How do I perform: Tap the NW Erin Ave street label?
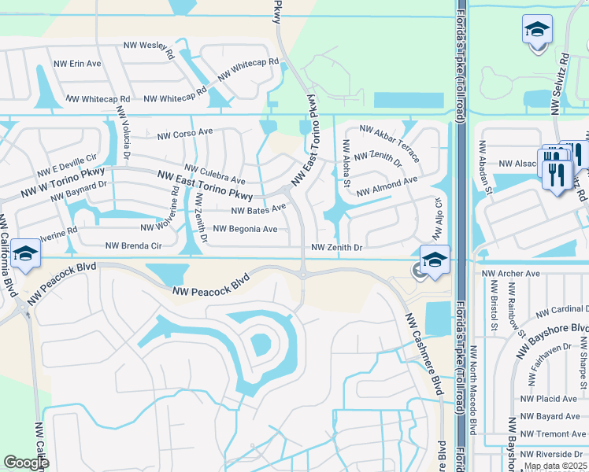[x=77, y=63]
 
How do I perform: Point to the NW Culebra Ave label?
[x=214, y=174]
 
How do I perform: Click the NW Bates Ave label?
[x=258, y=209]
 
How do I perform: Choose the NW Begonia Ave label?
[x=246, y=230]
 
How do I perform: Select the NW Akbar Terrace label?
[x=390, y=142]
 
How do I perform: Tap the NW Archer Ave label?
[x=511, y=274]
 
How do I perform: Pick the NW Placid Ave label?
[x=549, y=399]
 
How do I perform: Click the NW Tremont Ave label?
[x=553, y=433]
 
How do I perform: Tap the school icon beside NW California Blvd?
[x=25, y=254]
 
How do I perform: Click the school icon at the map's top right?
[x=537, y=30]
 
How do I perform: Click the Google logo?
[x=26, y=463]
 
